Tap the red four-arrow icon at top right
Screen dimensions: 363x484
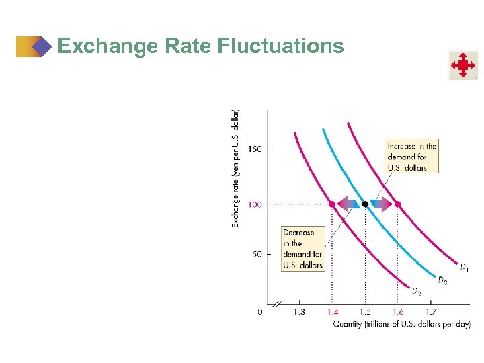point(463,65)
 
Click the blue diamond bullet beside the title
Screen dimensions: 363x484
point(42,46)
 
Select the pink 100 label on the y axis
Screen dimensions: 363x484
point(255,204)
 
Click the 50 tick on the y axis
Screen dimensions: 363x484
point(256,254)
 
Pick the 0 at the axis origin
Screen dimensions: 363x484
point(260,312)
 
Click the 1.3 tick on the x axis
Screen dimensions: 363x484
point(298,312)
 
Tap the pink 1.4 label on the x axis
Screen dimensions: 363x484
point(331,312)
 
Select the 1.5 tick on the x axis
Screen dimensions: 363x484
point(364,312)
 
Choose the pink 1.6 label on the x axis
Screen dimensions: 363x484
point(397,312)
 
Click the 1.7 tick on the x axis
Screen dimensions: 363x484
point(431,312)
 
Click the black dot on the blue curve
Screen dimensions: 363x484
point(365,204)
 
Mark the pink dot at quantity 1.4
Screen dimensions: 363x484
point(332,204)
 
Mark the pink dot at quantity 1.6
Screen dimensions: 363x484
point(397,204)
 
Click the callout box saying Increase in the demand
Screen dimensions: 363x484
point(411,157)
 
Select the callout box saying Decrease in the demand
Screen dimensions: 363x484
point(302,249)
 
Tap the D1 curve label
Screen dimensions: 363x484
point(464,267)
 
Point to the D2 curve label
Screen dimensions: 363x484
point(416,291)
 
